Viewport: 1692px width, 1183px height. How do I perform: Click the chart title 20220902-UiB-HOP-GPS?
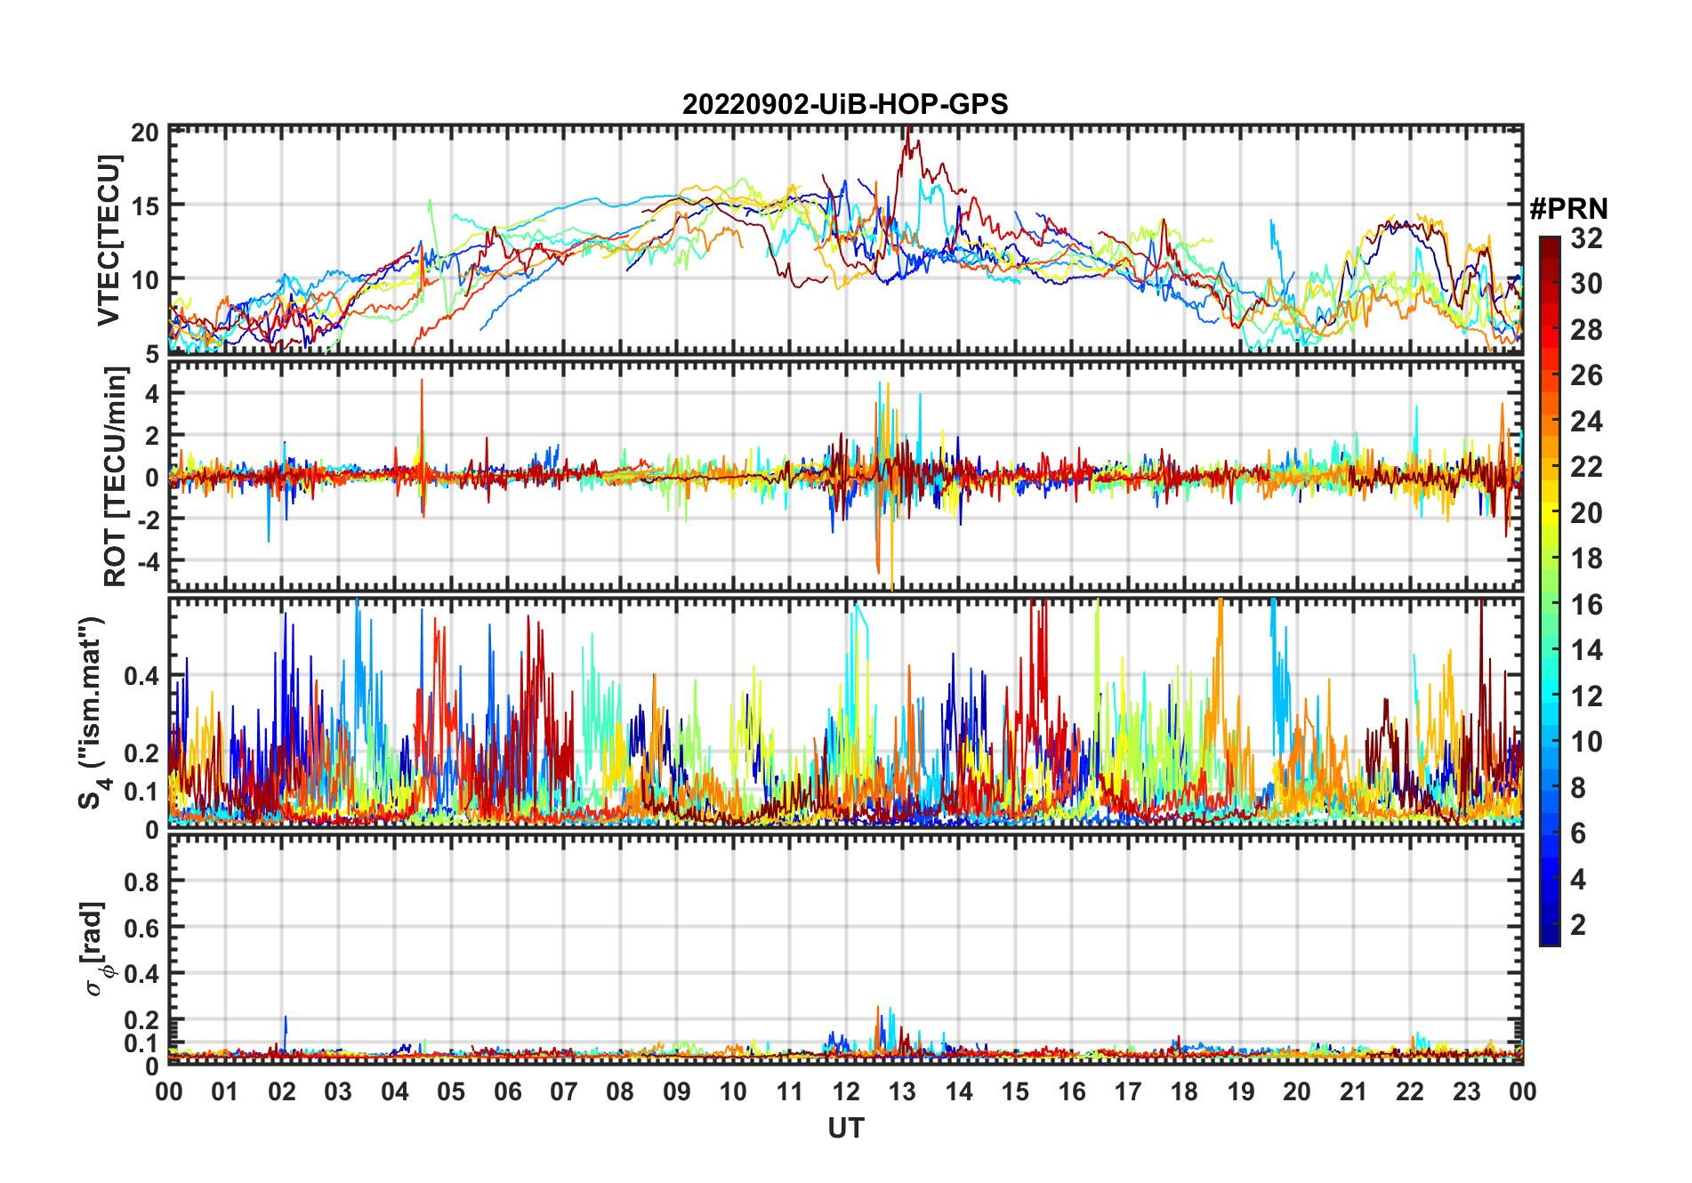tap(845, 104)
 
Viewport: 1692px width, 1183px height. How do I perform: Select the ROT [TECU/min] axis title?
tap(115, 477)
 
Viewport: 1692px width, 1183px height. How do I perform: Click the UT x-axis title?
tap(845, 1128)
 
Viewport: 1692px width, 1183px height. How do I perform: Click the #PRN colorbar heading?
tap(1568, 209)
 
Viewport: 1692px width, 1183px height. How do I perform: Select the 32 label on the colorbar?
tap(1586, 238)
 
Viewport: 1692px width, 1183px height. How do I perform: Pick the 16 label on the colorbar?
tap(1586, 605)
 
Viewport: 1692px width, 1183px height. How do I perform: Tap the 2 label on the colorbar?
tap(1578, 925)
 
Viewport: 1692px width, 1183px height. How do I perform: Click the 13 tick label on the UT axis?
tap(902, 1091)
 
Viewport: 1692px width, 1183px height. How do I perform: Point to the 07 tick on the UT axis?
tap(564, 1091)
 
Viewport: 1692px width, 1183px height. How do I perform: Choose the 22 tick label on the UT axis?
tap(1410, 1091)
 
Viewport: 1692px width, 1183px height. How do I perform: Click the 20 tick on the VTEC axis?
tap(144, 133)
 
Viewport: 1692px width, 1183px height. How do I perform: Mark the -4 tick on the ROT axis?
tap(146, 561)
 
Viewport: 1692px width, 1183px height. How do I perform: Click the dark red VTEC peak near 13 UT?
tap(906, 133)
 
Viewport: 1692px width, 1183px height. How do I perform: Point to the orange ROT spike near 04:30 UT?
tap(423, 382)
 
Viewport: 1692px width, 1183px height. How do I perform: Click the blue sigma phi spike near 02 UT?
tap(286, 1018)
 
